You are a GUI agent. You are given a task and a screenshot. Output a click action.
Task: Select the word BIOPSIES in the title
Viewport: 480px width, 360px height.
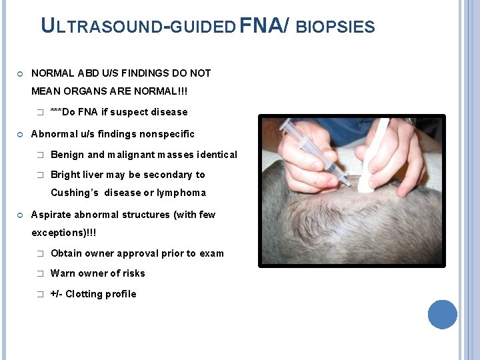coord(335,27)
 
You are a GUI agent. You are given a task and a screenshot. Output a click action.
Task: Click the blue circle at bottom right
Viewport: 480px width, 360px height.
coord(442,314)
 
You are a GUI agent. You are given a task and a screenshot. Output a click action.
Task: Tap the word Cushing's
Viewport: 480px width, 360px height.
coord(75,193)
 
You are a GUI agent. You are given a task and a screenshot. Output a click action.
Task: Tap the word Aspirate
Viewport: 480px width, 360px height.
coord(53,215)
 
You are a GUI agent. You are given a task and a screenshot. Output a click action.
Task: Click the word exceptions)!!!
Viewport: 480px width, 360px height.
coord(64,233)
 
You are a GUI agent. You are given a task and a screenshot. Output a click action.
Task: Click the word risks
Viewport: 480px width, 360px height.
coord(132,273)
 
